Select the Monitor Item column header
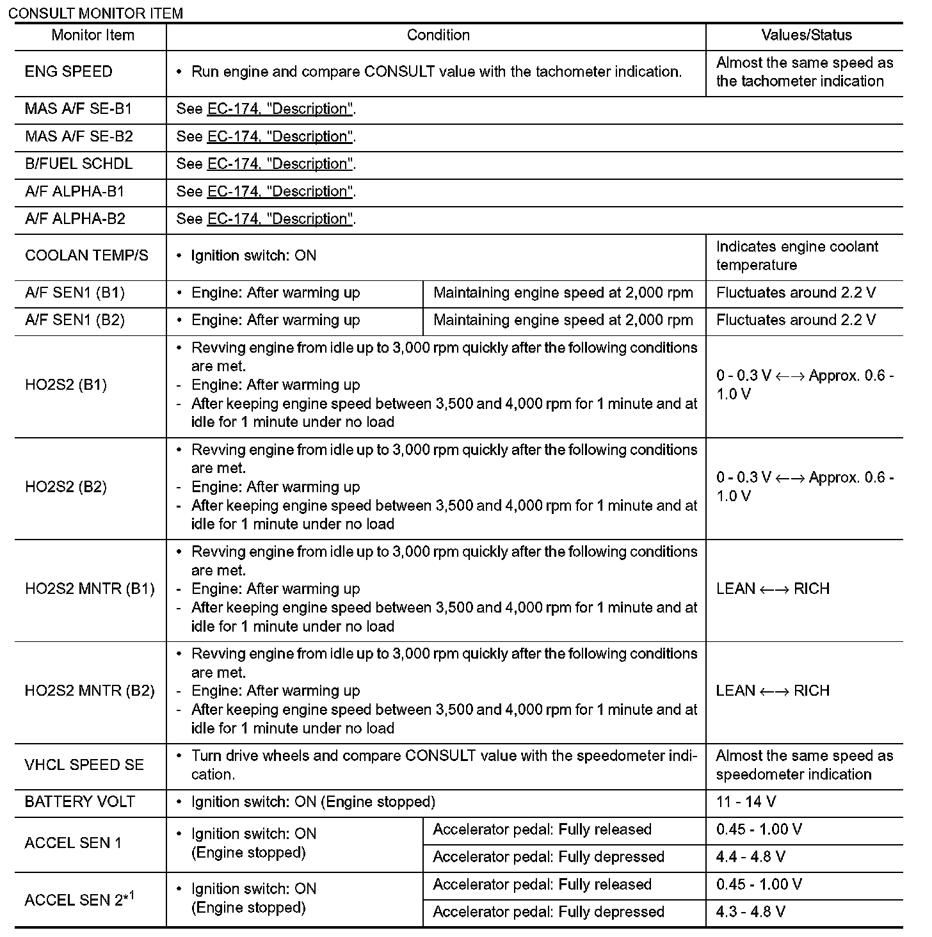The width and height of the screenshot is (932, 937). (x=93, y=35)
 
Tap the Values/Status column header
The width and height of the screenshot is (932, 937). (x=807, y=35)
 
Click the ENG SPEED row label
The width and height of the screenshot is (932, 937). (x=68, y=72)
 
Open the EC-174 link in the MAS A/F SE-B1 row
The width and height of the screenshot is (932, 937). (x=280, y=109)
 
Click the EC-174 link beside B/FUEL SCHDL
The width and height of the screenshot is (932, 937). (x=280, y=164)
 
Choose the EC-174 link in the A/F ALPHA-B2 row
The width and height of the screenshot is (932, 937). (x=280, y=219)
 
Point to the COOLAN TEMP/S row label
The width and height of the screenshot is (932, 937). (x=86, y=256)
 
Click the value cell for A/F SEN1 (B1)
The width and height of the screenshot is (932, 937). (x=796, y=293)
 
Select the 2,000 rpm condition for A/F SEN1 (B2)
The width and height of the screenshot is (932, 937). (x=563, y=320)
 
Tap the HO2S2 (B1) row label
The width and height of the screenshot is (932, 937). (x=66, y=385)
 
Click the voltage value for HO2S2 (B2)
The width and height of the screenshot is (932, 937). (x=805, y=486)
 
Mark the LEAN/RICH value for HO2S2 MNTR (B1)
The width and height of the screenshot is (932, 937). (x=773, y=589)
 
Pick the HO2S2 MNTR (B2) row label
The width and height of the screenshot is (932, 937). (x=90, y=691)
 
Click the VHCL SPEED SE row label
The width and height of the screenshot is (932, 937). (x=84, y=765)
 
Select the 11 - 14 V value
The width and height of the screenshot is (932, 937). (x=746, y=802)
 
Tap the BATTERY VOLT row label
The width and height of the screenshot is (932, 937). (x=79, y=802)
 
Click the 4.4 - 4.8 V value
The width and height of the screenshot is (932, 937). (x=750, y=857)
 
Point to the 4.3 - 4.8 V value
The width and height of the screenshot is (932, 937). (x=750, y=912)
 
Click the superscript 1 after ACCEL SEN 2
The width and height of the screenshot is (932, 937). (x=132, y=894)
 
